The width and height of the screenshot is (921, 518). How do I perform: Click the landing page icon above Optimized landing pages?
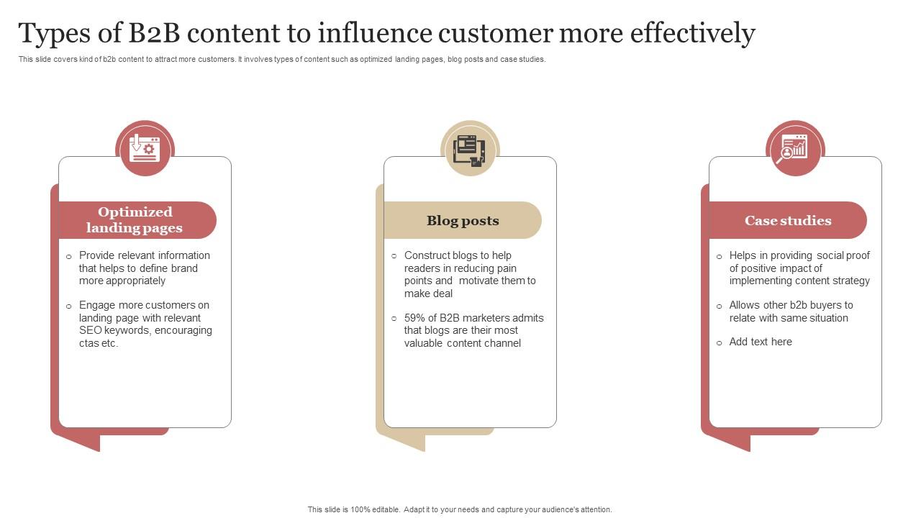[145, 148]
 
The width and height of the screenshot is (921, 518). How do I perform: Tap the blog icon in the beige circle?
[470, 149]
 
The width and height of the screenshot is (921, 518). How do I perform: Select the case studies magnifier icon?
[794, 148]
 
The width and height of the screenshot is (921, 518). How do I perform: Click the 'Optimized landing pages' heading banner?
[135, 220]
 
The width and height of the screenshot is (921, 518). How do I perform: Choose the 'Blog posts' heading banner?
[463, 220]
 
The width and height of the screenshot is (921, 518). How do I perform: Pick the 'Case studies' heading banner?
[788, 220]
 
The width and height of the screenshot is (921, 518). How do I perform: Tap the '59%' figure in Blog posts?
[416, 318]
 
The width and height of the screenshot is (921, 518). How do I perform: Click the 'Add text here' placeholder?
[761, 342]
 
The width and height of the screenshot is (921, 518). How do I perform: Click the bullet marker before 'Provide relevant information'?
[69, 256]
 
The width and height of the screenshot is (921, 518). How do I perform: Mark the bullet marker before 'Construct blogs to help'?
[394, 256]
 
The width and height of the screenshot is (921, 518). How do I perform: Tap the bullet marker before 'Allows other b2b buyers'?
[720, 306]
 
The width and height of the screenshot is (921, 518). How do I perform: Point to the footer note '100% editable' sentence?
[460, 509]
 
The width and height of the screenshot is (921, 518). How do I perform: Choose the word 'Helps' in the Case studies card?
[744, 255]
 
